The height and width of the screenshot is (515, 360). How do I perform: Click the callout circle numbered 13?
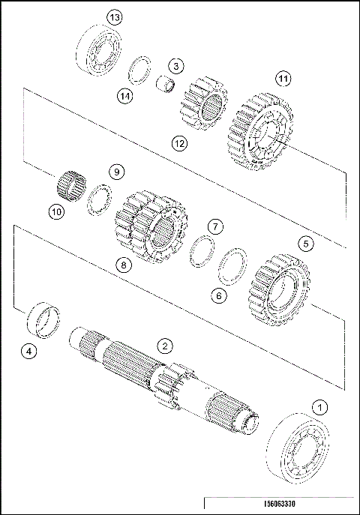(x=115, y=16)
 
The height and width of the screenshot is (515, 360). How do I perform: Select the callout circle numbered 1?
(x=320, y=408)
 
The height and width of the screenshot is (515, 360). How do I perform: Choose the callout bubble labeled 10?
(x=57, y=212)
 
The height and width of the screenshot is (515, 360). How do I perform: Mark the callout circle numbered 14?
(x=124, y=95)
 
